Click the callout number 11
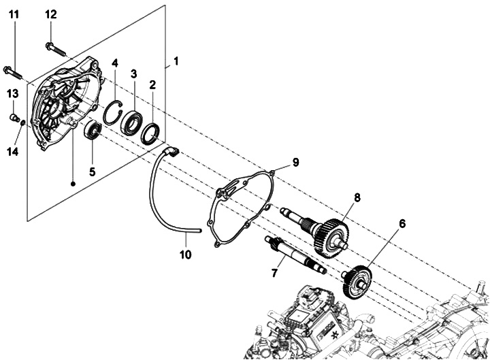14,15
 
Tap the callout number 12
52,15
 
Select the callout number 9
295,162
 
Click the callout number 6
402,223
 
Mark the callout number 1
176,61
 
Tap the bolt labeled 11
13,70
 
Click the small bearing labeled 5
93,130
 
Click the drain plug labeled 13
14,119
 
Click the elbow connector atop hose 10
172,151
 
